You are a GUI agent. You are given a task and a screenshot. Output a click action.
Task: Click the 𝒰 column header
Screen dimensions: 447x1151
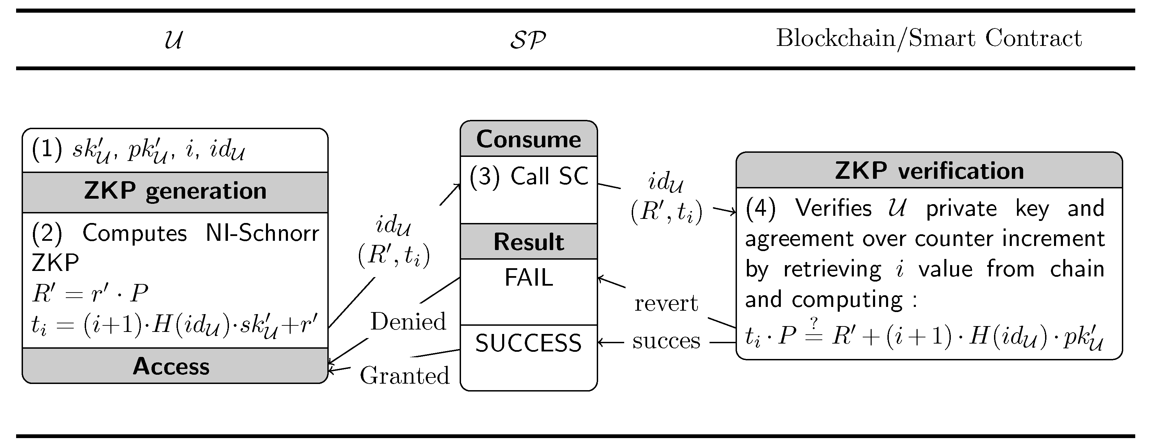click(x=173, y=39)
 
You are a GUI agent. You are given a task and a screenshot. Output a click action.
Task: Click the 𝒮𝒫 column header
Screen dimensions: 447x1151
click(x=528, y=40)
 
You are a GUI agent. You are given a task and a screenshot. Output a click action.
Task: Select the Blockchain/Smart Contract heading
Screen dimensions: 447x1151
click(x=929, y=38)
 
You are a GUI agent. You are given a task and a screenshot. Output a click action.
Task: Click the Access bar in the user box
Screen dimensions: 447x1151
click(x=171, y=366)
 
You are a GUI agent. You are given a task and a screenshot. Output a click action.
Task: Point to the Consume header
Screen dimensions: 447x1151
click(x=529, y=139)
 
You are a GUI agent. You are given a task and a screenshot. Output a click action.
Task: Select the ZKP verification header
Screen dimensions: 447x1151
click(x=929, y=171)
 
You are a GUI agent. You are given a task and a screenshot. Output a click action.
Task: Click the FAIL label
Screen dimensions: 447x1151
click(x=529, y=278)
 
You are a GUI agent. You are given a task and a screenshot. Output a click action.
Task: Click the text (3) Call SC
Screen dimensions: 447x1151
click(x=529, y=176)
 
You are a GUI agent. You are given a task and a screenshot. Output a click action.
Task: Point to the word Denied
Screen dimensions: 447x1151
click(x=408, y=322)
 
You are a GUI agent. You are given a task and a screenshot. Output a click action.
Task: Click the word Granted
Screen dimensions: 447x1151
click(x=404, y=375)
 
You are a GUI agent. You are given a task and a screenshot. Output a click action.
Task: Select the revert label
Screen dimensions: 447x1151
click(x=666, y=304)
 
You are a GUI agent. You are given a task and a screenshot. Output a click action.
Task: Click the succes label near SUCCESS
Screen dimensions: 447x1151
click(x=666, y=342)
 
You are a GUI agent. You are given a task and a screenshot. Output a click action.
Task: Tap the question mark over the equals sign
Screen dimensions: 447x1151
click(x=814, y=322)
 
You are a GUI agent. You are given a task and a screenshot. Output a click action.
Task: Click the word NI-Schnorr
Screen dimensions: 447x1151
click(x=262, y=233)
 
